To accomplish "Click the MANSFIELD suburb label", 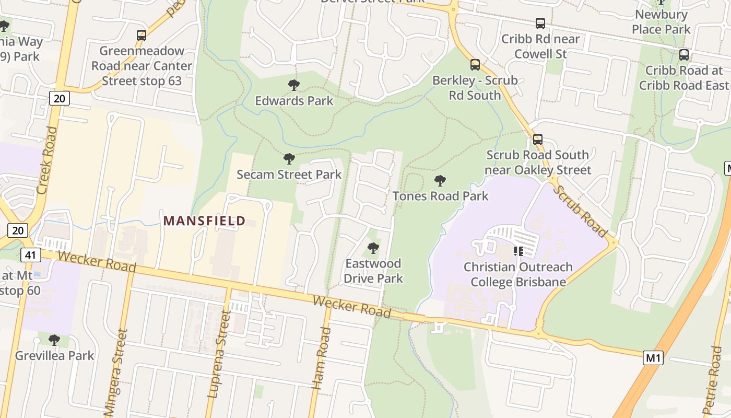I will (204, 220).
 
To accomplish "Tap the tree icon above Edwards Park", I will (294, 85).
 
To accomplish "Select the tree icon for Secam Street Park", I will (289, 159).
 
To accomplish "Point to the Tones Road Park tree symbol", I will (440, 181).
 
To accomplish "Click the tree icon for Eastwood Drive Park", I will (373, 248).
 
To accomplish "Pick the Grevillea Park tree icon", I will (54, 340).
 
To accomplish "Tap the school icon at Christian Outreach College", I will (518, 251).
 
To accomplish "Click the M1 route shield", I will (653, 358).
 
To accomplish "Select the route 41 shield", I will (30, 255).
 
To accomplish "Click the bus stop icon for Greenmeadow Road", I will (142, 36).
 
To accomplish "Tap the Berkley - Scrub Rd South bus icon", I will (475, 65).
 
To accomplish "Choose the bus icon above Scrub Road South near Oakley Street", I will (538, 140).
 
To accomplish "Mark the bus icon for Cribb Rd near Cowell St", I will (540, 24).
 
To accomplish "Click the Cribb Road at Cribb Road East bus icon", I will (683, 54).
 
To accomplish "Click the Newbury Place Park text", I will (661, 22).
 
